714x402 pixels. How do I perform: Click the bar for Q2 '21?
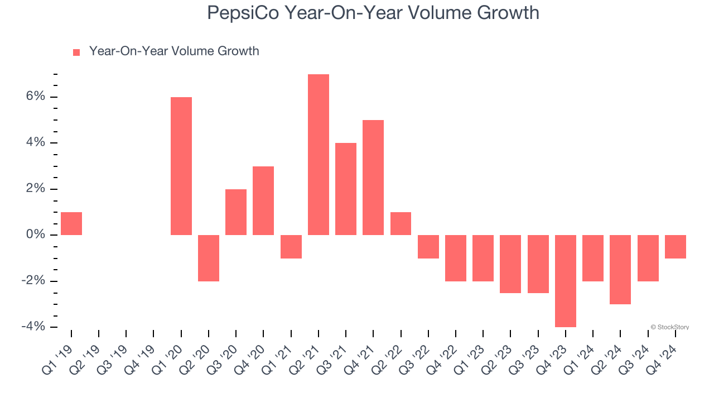point(319,155)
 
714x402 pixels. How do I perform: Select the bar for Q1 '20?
point(181,166)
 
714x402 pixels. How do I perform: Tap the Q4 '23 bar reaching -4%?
point(566,281)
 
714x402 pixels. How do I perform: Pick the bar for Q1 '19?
point(71,223)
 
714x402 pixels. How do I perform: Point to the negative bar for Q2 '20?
point(209,258)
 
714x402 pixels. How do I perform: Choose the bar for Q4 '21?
point(373,178)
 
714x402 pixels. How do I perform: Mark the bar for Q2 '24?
point(620,270)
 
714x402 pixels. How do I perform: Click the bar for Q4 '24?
point(676,247)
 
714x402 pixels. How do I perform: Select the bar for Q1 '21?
point(291,247)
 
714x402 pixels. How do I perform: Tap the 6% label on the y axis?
point(35,97)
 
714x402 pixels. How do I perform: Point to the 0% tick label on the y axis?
point(35,234)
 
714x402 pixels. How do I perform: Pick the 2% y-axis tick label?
point(35,189)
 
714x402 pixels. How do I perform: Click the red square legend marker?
point(76,52)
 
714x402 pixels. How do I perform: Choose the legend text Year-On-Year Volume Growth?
point(174,51)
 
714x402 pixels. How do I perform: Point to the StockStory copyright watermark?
point(669,327)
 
